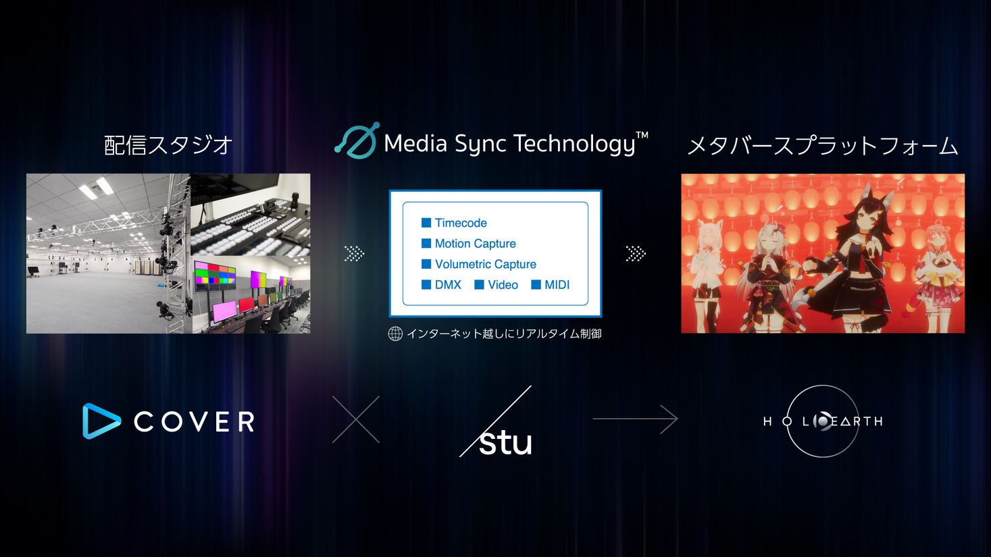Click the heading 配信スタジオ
tap(168, 145)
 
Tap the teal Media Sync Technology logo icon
tap(357, 141)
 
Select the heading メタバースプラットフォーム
tap(822, 146)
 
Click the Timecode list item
tap(461, 223)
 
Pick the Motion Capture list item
tap(475, 244)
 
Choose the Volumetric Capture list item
tap(485, 264)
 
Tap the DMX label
tap(448, 285)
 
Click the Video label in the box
tap(503, 285)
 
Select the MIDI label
tap(557, 285)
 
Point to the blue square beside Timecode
tap(426, 223)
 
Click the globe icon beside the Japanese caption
tap(395, 334)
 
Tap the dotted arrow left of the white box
tap(354, 254)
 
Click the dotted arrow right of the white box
tap(636, 254)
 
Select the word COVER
tap(195, 422)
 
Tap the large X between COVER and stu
tap(356, 419)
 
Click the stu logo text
tap(505, 442)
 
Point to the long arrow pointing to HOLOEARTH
tap(635, 419)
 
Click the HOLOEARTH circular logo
tap(823, 421)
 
